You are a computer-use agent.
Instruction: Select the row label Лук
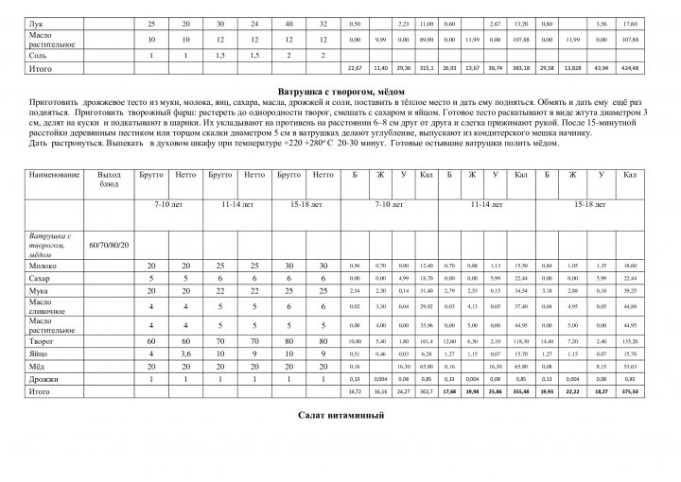click(x=36, y=22)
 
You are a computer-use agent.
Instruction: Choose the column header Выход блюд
click(x=110, y=181)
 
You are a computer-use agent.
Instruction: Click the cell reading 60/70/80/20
click(x=110, y=247)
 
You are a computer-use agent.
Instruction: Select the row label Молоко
click(x=44, y=267)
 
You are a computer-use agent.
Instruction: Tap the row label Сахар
click(x=40, y=280)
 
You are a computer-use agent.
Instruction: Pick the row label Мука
click(x=38, y=292)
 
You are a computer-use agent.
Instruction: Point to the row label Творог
click(x=41, y=339)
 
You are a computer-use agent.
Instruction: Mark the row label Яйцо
click(x=39, y=353)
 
